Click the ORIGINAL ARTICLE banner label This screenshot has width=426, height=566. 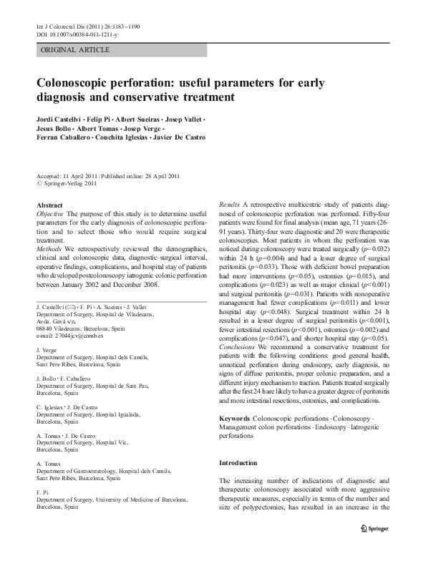[x=75, y=49]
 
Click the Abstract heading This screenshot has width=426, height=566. [x=49, y=205]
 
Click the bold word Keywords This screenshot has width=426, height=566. [x=236, y=416]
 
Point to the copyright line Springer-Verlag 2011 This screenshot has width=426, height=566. [x=72, y=183]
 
